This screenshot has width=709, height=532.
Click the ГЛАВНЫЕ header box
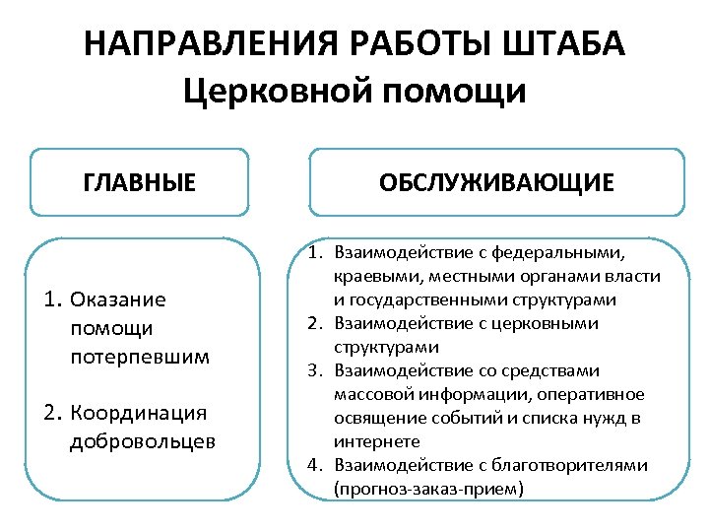click(139, 182)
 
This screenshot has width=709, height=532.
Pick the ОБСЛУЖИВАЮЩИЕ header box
click(496, 182)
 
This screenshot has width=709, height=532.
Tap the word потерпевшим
click(140, 356)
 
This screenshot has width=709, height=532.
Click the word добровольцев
click(143, 441)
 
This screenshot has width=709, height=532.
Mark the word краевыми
click(370, 277)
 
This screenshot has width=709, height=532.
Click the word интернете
click(376, 441)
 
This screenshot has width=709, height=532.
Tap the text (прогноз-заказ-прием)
click(415, 489)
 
